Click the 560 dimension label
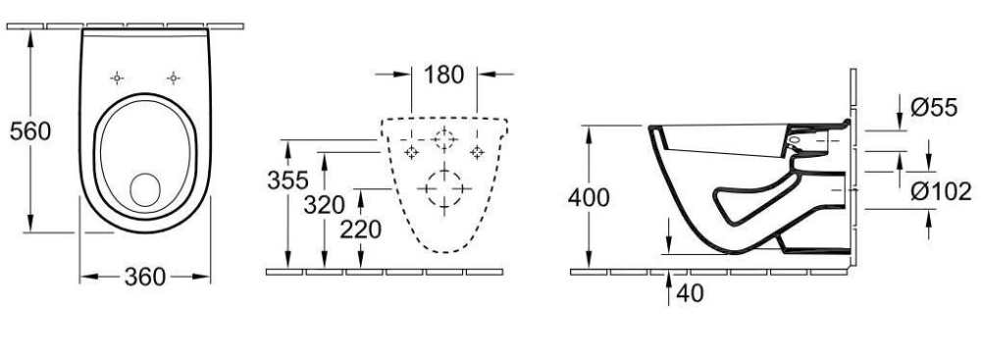tap(30, 131)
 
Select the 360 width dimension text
tap(144, 277)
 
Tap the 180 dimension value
tap(444, 75)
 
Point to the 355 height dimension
tap(287, 180)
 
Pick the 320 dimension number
tap(324, 205)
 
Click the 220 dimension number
tap(361, 230)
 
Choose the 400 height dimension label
tap(589, 198)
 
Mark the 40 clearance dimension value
tap(690, 293)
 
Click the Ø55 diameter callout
tap(935, 108)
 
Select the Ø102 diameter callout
tap(942, 191)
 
